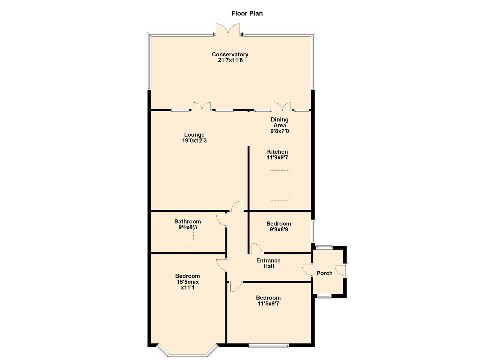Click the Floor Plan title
pos(247,13)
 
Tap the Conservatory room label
pos(230,54)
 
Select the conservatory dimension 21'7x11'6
pos(230,60)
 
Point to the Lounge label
pos(194,135)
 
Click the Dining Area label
pos(279,122)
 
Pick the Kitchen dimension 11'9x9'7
pos(277,158)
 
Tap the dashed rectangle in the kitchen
pos(279,185)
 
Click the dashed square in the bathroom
pos(185,235)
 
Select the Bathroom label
pos(188,222)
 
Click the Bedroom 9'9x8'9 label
pos(279,224)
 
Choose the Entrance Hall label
pos(268,263)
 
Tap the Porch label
pos(324,273)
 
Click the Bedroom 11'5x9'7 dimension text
pos(268,304)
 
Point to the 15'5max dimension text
pos(188,282)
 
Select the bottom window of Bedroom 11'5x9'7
pos(269,346)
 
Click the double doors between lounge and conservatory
pos(202,107)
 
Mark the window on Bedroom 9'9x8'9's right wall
pos(313,231)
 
